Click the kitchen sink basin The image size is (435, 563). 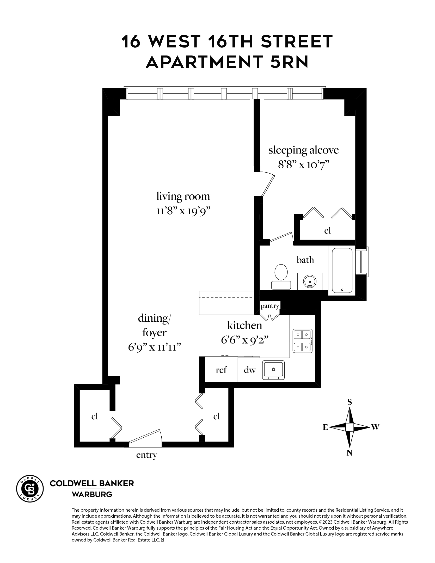(273, 370)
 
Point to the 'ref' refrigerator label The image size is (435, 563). (221, 370)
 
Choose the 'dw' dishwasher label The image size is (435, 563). (250, 370)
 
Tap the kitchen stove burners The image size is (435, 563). (302, 341)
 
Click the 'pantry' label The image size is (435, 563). (270, 306)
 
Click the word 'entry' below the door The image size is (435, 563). (146, 455)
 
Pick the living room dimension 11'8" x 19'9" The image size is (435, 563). (183, 211)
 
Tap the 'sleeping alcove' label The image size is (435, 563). (304, 150)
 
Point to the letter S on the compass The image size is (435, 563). (350, 402)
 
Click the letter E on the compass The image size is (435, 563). (325, 427)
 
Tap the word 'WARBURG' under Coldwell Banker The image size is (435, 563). (92, 494)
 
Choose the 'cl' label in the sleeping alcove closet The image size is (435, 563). (327, 230)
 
